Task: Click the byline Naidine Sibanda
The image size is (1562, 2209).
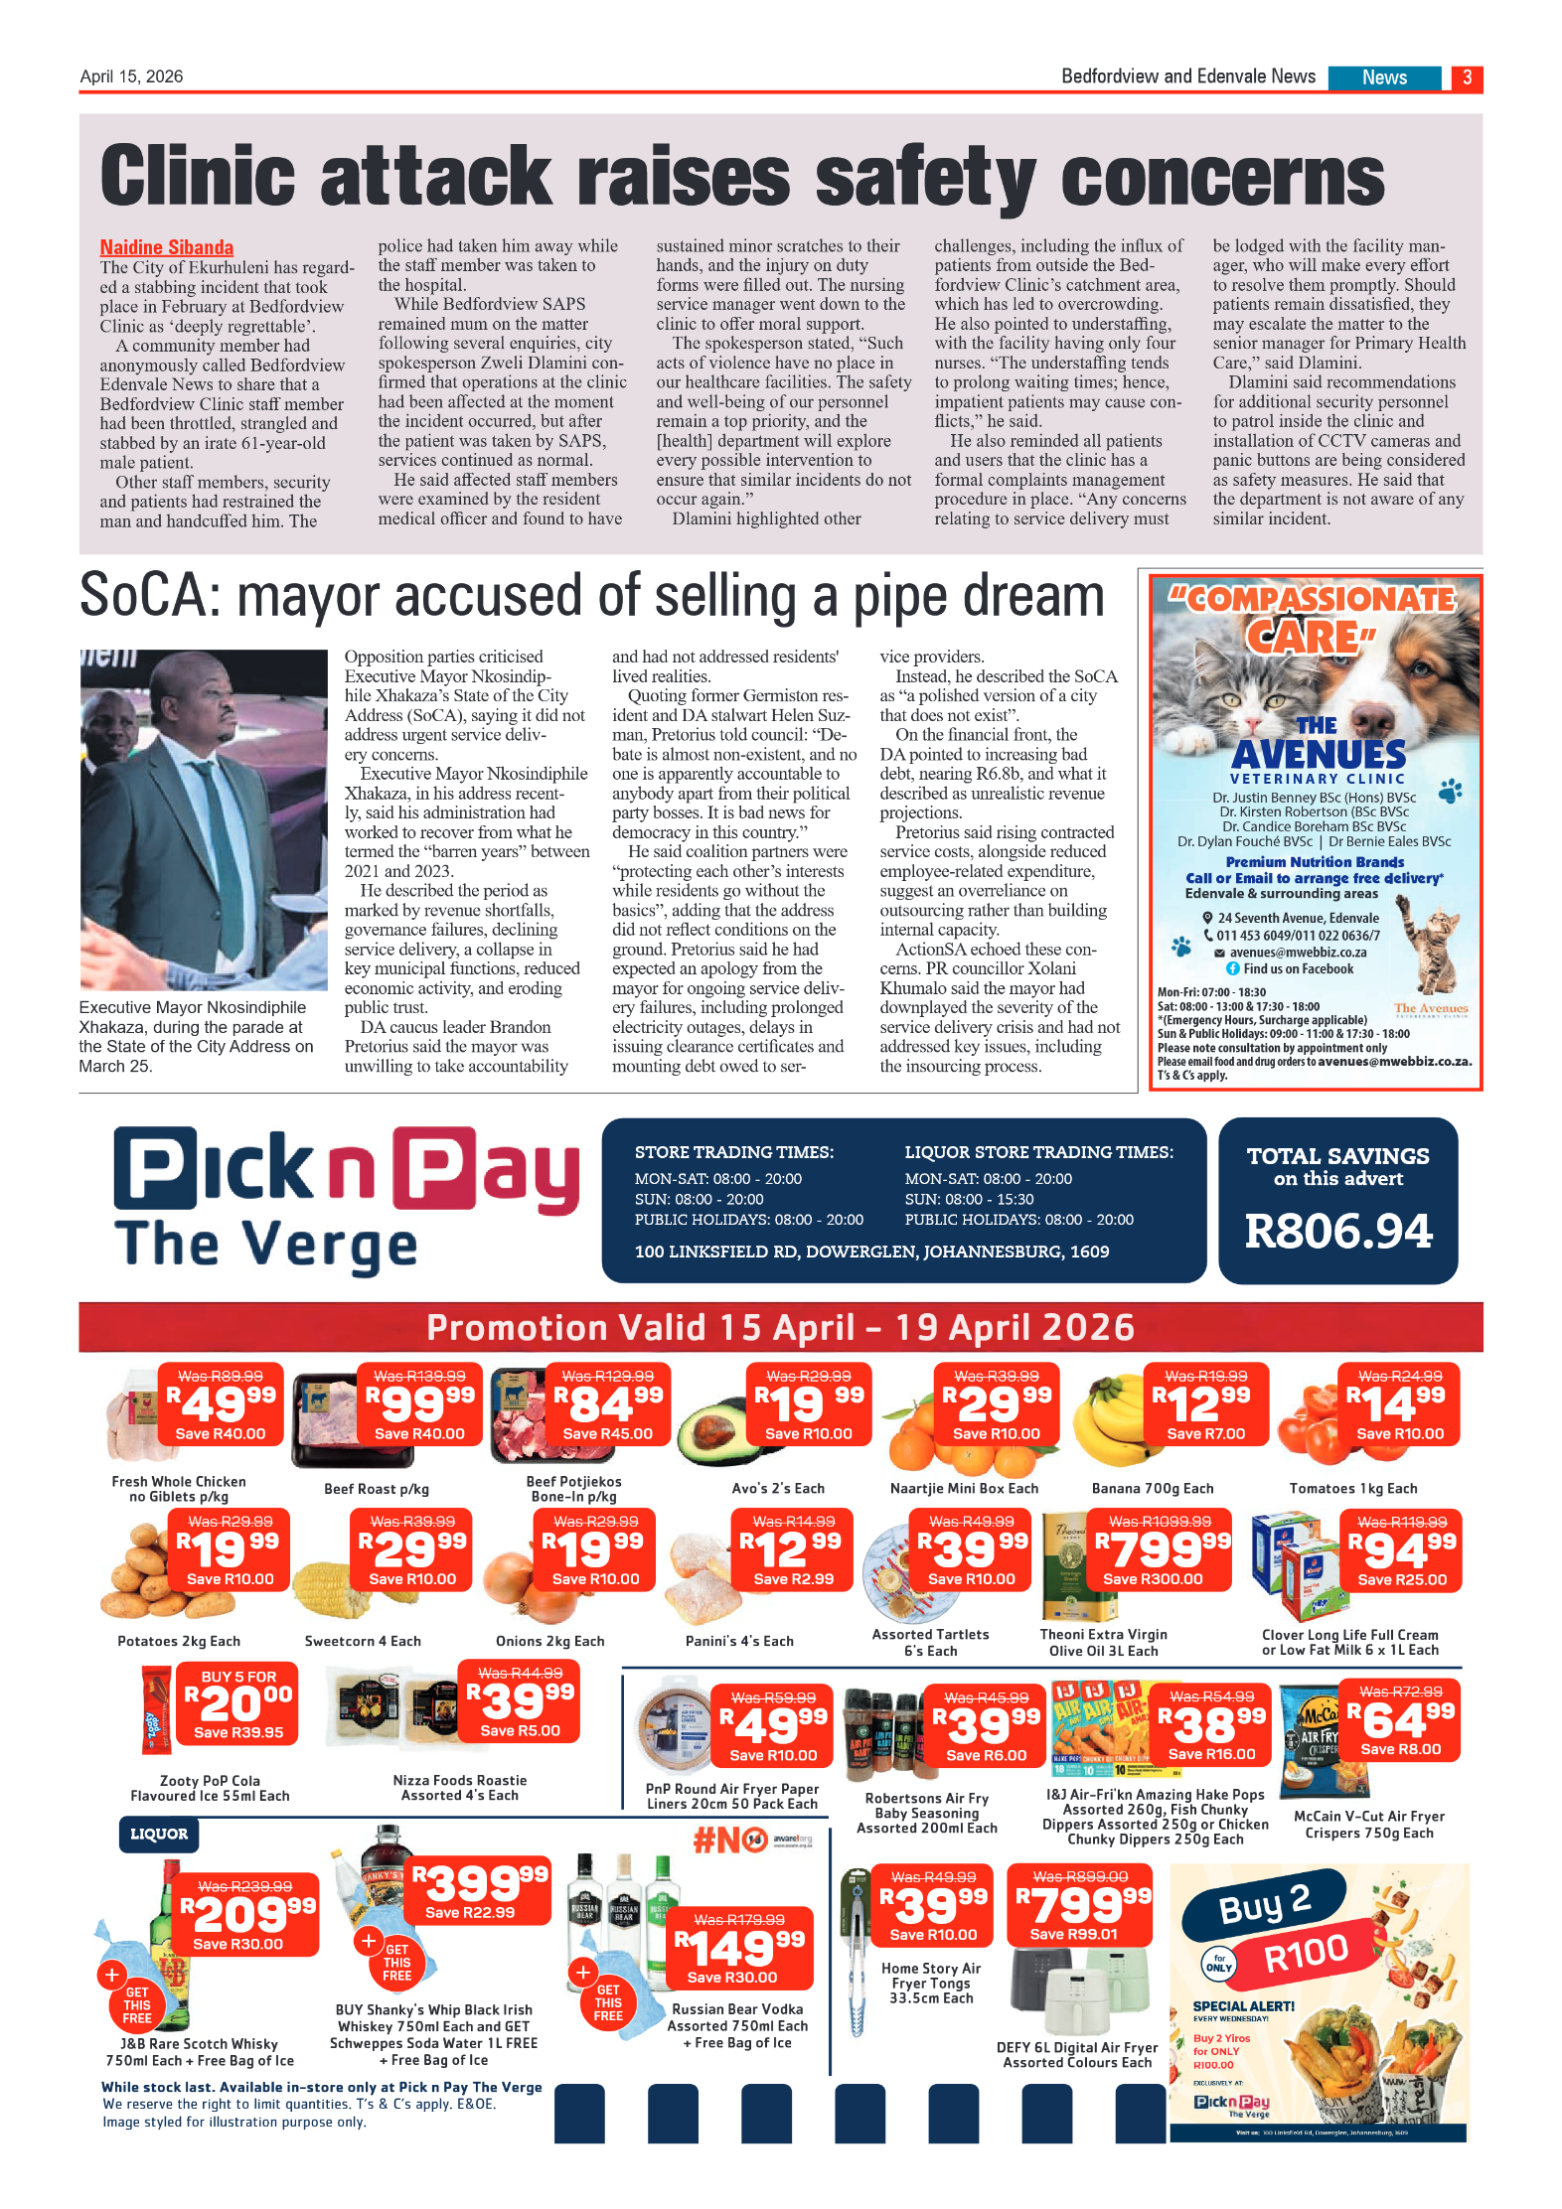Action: tap(166, 247)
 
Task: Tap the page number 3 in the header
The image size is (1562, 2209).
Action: tap(1466, 77)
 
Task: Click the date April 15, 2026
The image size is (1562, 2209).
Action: tap(131, 76)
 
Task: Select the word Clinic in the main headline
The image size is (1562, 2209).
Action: tap(198, 177)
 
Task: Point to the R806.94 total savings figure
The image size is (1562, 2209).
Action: tap(1337, 1232)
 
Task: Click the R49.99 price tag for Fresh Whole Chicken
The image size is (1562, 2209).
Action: tap(221, 1404)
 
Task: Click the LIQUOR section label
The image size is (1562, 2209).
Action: tap(159, 1834)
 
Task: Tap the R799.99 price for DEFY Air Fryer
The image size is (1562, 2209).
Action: tap(1081, 1905)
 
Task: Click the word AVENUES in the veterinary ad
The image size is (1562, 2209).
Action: tap(1318, 755)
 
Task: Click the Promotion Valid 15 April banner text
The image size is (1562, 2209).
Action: tap(780, 1328)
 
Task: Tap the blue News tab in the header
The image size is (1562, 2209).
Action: tap(1383, 77)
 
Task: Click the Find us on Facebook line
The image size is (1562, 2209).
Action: tap(1296, 968)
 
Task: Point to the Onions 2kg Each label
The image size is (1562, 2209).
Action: tap(549, 1641)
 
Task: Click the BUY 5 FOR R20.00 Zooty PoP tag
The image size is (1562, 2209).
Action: tap(239, 1702)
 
